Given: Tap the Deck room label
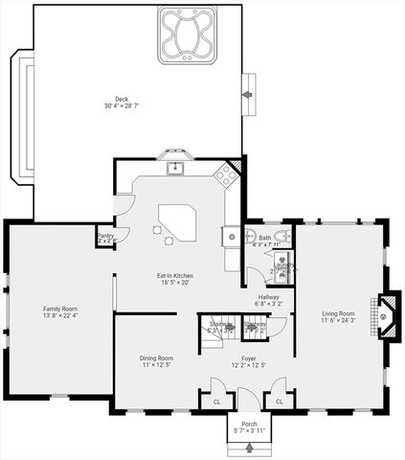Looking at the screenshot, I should pyautogui.click(x=123, y=98).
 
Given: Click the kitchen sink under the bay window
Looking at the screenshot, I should pyautogui.click(x=175, y=169).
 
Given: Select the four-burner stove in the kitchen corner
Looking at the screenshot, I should pyautogui.click(x=225, y=174).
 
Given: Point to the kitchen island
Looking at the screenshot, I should pyautogui.click(x=176, y=223).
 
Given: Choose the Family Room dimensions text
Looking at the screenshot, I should pyautogui.click(x=59, y=315).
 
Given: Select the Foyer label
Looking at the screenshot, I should pyautogui.click(x=249, y=357).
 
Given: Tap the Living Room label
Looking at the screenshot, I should pyautogui.click(x=338, y=313).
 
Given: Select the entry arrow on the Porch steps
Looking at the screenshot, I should pyautogui.click(x=251, y=447).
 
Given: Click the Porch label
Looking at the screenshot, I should pyautogui.click(x=249, y=425).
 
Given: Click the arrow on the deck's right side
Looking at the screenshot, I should pyautogui.click(x=249, y=94).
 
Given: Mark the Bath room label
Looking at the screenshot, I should pyautogui.click(x=264, y=238).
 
